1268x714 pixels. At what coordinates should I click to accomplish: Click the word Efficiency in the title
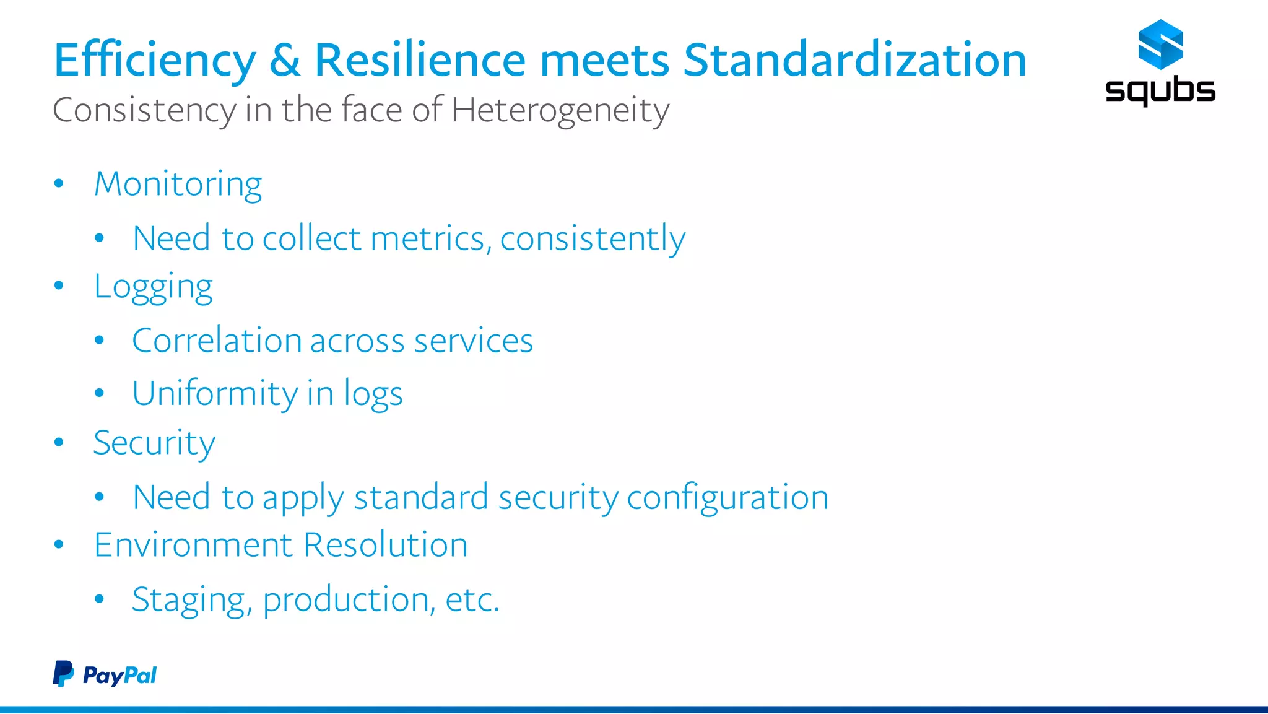(155, 61)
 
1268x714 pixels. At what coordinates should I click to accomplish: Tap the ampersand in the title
(285, 61)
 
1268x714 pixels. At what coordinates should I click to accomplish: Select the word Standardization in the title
(854, 61)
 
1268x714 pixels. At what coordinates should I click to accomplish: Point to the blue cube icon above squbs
(1160, 45)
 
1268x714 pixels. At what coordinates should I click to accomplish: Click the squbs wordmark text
(1160, 91)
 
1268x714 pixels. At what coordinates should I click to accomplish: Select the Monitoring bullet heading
(178, 185)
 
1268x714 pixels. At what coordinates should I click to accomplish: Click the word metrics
(427, 239)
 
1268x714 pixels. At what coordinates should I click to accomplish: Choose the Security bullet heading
(154, 443)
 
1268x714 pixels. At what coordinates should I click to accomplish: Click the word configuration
(727, 498)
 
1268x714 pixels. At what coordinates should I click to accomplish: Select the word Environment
(193, 546)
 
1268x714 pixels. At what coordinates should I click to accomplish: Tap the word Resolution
(386, 546)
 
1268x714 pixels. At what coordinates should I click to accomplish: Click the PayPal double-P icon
(63, 674)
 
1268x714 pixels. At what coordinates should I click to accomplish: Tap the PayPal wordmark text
(120, 676)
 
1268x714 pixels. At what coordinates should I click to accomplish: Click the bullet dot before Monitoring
(59, 183)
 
